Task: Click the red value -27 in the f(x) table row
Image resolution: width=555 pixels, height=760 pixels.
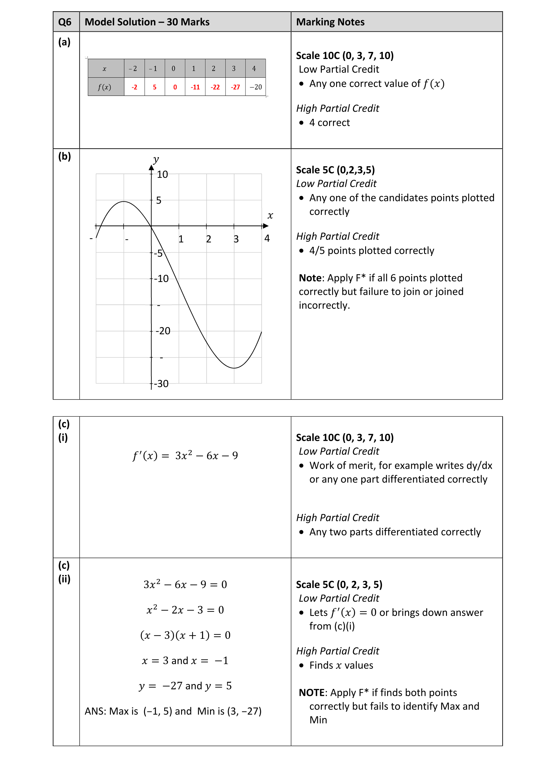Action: click(235, 87)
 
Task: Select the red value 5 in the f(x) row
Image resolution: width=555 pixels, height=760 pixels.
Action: click(154, 87)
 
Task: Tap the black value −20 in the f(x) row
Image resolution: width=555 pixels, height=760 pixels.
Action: click(256, 87)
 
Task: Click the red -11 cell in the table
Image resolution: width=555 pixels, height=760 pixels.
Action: click(195, 87)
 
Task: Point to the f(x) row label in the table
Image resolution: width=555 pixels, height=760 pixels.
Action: click(104, 87)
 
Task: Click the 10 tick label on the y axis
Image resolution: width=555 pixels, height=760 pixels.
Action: click(162, 174)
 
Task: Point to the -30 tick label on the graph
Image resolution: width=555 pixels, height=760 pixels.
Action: click(161, 384)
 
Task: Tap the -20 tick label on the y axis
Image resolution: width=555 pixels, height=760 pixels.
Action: click(163, 331)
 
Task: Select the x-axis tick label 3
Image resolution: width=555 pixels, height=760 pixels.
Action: click(236, 239)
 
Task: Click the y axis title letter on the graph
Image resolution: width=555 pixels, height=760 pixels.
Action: click(156, 159)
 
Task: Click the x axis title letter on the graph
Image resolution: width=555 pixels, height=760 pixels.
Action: click(270, 215)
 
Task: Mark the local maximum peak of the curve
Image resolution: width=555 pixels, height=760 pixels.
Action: click(124, 201)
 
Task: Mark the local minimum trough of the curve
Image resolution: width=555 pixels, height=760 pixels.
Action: click(234, 368)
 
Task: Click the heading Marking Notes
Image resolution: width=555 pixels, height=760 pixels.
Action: click(330, 22)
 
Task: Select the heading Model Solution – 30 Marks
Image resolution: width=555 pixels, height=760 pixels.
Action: click(147, 22)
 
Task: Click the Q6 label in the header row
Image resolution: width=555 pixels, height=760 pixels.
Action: click(65, 22)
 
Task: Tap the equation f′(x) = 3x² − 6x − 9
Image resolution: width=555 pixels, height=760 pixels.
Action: click(185, 455)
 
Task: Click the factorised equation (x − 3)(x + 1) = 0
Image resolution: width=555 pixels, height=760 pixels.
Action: click(185, 635)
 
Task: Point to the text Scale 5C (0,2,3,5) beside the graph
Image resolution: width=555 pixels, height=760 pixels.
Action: click(335, 170)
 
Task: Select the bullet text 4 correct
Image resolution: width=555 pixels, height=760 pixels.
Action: click(329, 123)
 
